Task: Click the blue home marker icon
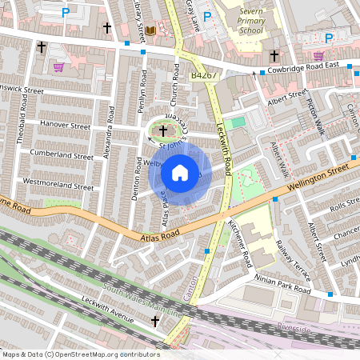click(x=180, y=172)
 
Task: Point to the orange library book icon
click(x=150, y=31)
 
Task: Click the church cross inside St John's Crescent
click(x=163, y=130)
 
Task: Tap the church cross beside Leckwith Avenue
click(x=156, y=322)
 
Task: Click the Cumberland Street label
click(x=61, y=154)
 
